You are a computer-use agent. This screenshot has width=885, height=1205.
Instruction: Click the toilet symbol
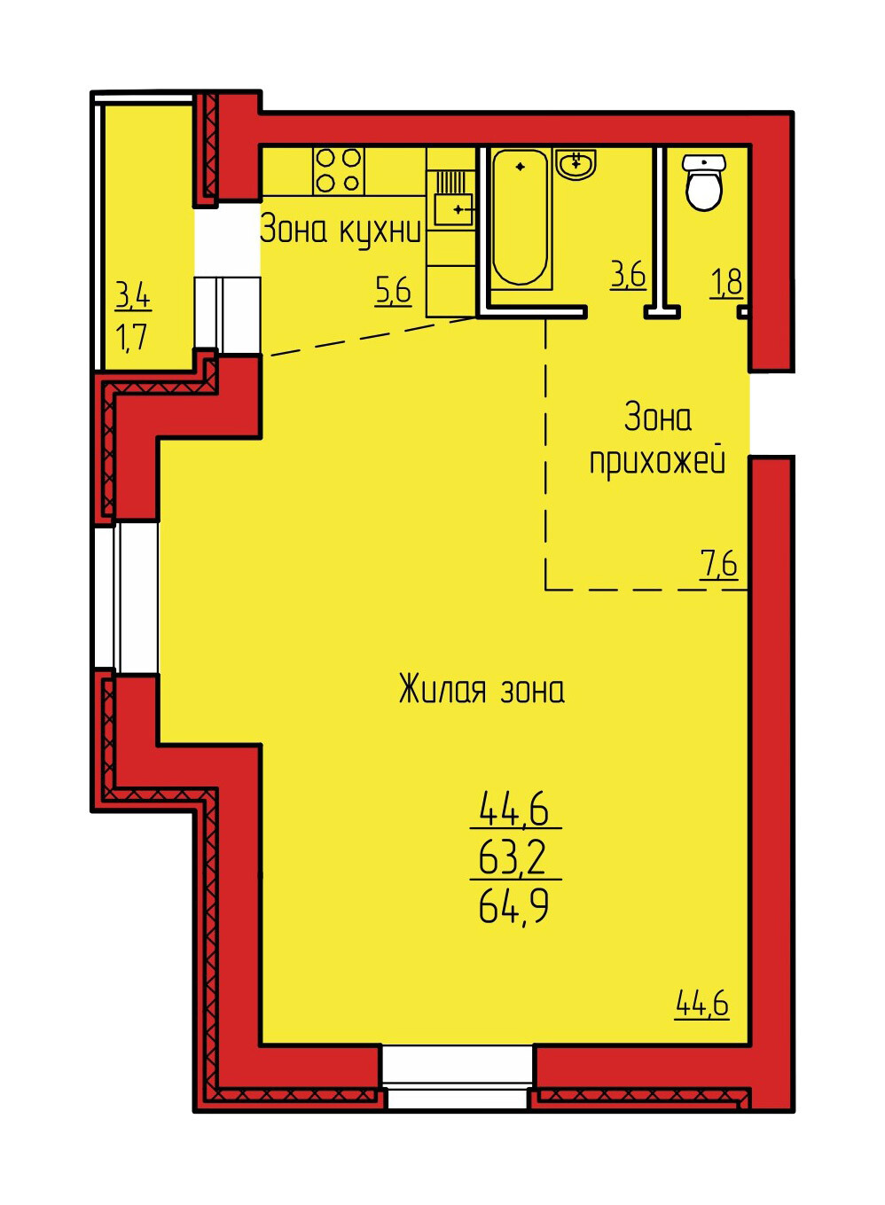point(703,182)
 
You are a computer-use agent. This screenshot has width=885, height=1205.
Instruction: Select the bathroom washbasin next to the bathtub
point(576,164)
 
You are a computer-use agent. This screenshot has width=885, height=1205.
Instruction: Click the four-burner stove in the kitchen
point(339,170)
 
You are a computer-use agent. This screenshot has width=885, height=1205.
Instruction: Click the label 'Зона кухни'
point(340,231)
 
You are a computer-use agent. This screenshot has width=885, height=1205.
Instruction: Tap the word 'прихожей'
point(657,462)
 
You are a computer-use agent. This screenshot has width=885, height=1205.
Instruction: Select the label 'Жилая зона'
point(482,690)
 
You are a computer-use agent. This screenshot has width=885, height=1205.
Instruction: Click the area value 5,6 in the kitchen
point(393,292)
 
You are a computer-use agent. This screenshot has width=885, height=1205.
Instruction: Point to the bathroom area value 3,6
point(628,276)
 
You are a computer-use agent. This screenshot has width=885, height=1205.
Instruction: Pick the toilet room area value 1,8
point(727,281)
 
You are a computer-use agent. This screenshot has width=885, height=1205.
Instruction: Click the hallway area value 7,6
point(719,566)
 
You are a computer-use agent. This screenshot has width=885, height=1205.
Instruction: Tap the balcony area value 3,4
point(134,296)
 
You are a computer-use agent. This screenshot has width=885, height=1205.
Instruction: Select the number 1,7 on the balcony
point(132,337)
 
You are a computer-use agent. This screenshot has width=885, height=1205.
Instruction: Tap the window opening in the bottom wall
point(458,1076)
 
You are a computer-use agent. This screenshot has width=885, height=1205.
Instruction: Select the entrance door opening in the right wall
point(772,414)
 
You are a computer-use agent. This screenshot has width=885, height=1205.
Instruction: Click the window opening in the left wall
point(127,597)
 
